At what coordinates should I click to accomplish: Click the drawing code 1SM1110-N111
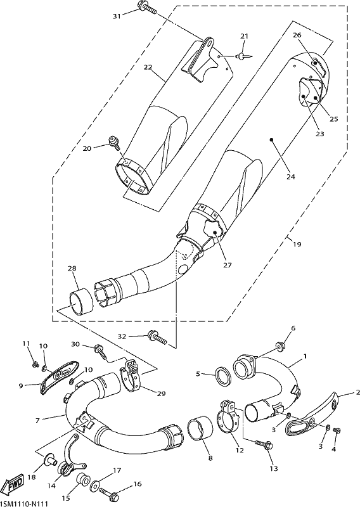tap(24, 503)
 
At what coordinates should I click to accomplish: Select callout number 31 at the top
tap(117, 16)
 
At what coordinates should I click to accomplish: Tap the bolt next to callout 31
tap(147, 7)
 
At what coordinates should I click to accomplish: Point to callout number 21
tap(244, 36)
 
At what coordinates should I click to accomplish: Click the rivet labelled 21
tap(244, 56)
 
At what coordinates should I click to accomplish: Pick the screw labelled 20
tap(115, 142)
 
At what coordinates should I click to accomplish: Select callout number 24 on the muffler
tap(291, 177)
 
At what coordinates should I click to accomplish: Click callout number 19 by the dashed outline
tap(297, 244)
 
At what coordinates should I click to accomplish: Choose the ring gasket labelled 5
tap(223, 375)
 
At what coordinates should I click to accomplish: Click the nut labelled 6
tap(280, 347)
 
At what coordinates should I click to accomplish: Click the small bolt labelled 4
tap(337, 430)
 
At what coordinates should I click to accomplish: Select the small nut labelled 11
tap(34, 365)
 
